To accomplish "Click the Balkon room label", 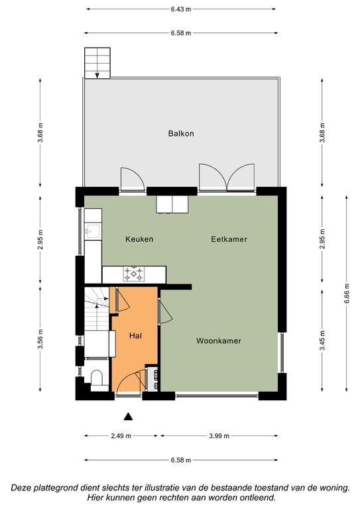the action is [181, 133].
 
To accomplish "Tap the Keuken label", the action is [139, 239].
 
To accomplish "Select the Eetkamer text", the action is [229, 239].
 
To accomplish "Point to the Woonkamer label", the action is [219, 341].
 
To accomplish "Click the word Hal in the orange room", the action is [135, 335].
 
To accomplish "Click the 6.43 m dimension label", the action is [181, 9].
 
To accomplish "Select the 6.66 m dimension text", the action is [346, 294].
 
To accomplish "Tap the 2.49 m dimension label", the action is [121, 436].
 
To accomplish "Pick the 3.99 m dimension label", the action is [219, 436].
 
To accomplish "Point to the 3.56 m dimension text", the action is [40, 339].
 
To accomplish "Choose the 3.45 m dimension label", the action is [322, 341].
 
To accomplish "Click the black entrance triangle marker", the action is [128, 416].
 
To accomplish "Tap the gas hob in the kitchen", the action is [133, 274].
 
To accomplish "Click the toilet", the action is [96, 380].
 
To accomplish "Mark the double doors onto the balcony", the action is [227, 177].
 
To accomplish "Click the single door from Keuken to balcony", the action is [133, 179].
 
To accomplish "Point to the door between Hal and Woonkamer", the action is [165, 311].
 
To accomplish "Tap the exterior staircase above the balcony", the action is [97, 63].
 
